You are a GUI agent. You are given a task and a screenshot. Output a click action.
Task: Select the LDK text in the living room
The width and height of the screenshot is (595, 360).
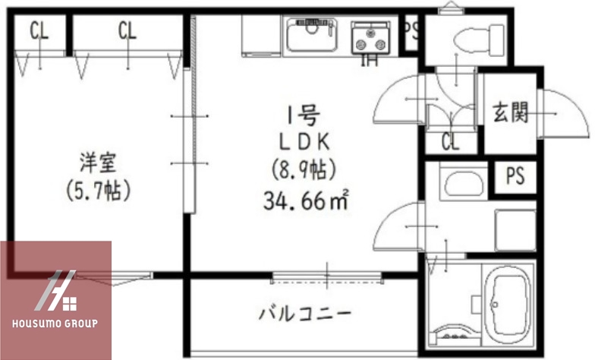[303, 142]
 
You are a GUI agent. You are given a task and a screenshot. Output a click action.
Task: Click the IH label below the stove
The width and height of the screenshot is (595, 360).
[370, 60]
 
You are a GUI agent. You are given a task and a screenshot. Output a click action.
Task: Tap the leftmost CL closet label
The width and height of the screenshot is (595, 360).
[39, 31]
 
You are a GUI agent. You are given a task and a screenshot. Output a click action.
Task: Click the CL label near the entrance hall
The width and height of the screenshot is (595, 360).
[450, 142]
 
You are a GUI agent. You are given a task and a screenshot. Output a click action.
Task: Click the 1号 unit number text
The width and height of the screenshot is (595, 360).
[302, 116]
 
